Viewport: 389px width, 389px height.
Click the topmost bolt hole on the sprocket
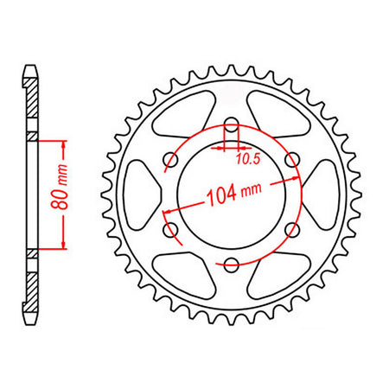point(232,124)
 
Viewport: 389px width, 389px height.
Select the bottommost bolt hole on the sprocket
point(232,264)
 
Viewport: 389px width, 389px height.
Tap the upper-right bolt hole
point(292,159)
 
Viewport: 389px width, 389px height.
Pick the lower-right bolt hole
point(292,229)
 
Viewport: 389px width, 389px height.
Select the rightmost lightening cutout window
point(324,194)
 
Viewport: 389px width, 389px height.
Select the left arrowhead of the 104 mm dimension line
point(164,210)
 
